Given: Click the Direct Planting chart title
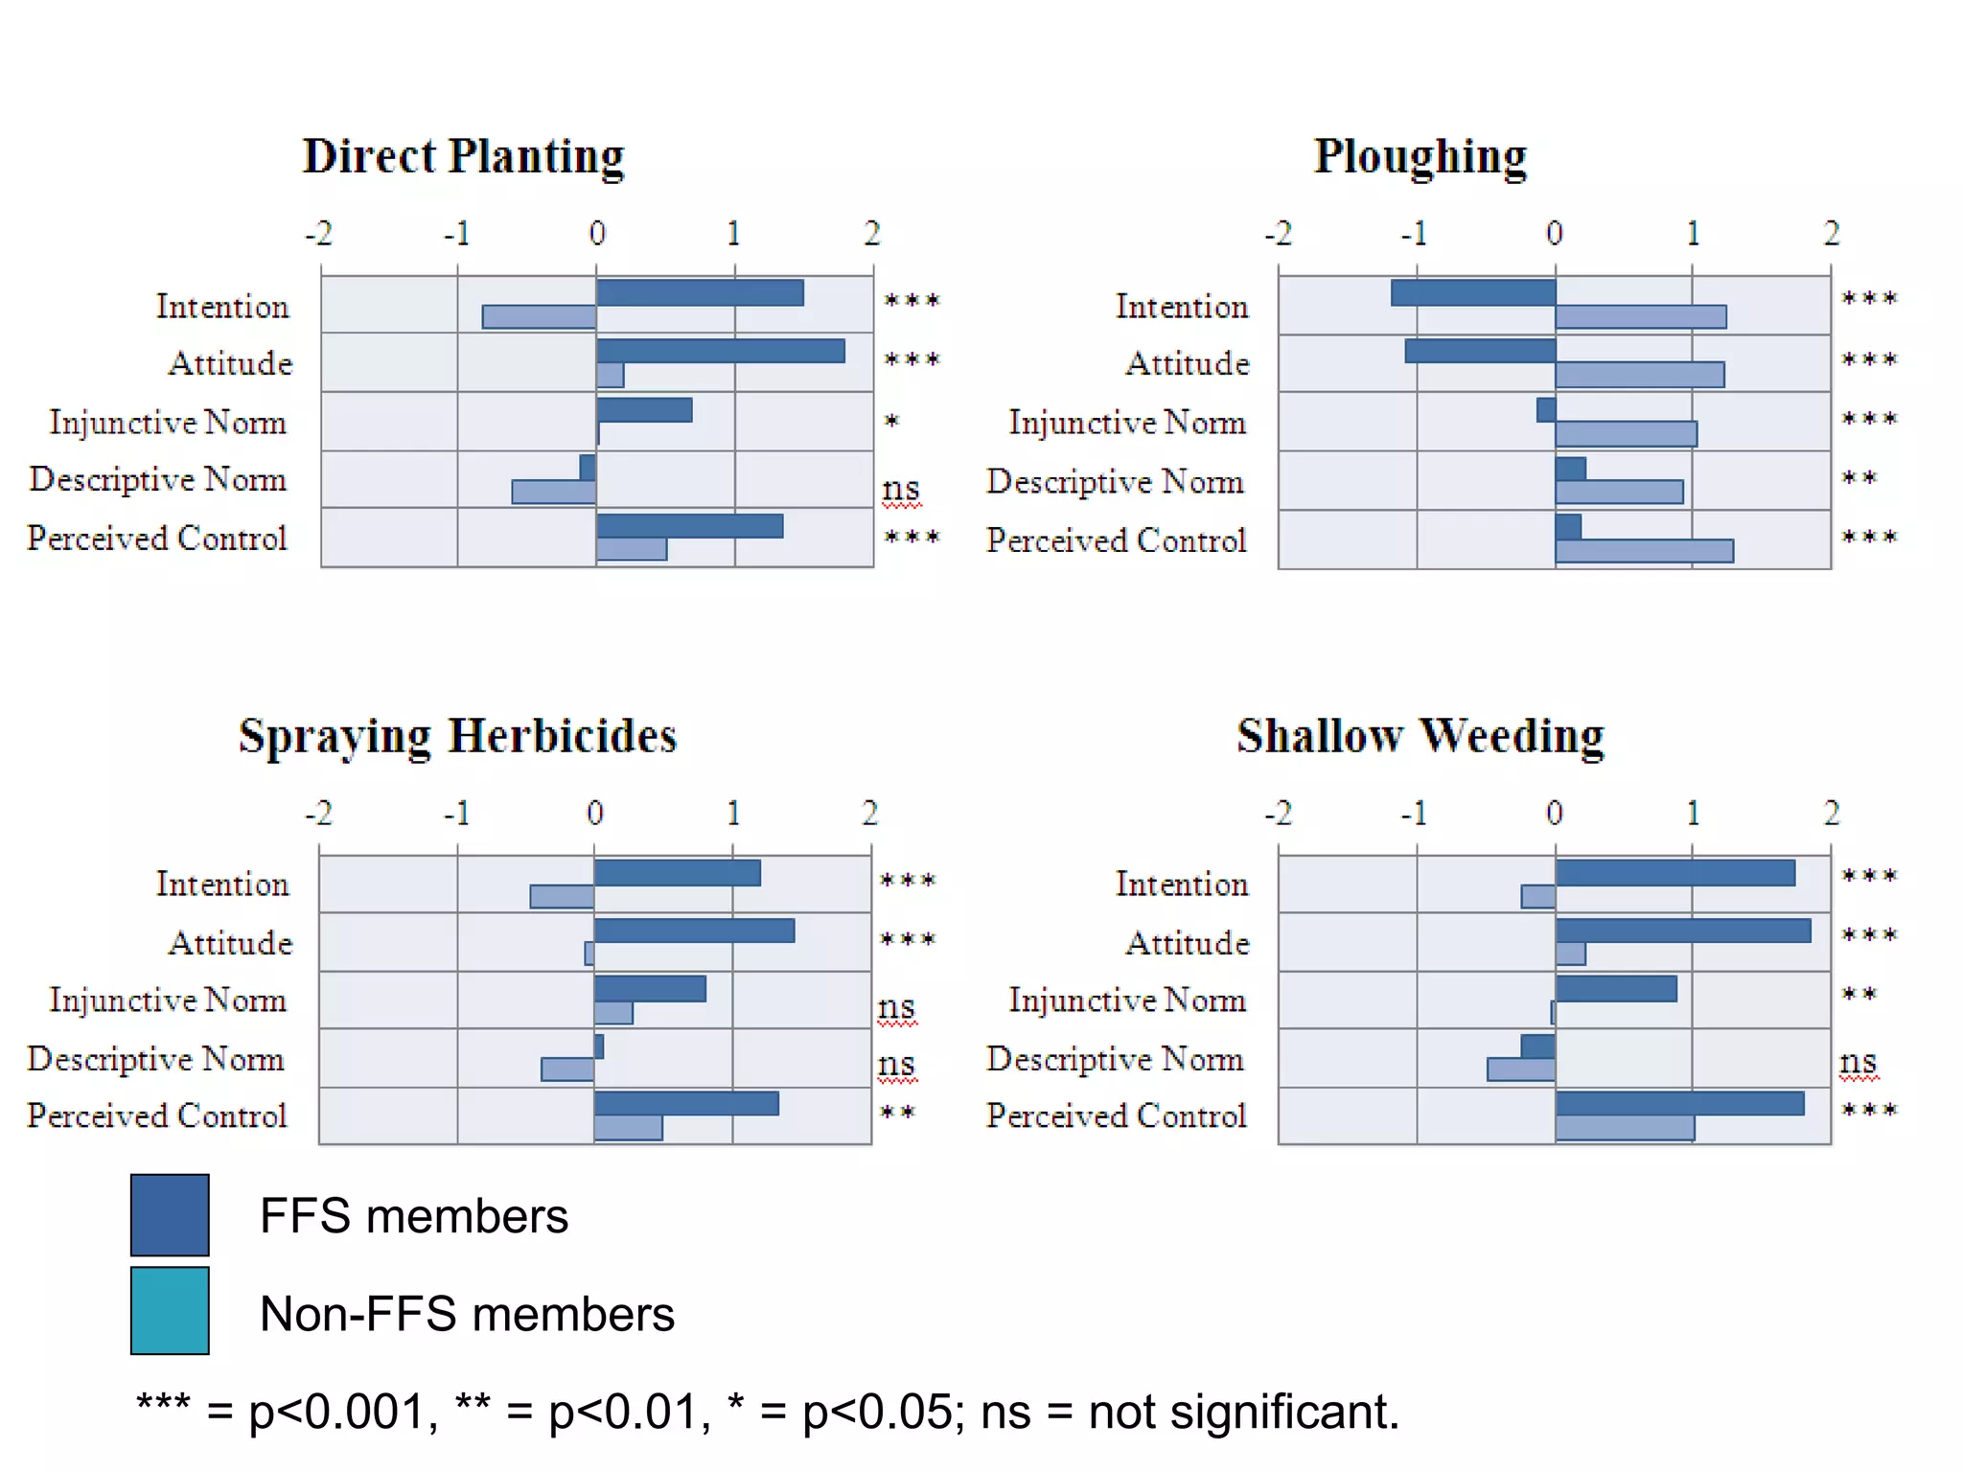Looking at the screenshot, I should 463,156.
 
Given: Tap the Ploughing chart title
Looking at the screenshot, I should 1420,156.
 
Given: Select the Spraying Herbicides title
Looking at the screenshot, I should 457,736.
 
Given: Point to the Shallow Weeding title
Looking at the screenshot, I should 1420,736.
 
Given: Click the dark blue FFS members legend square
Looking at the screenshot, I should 170,1214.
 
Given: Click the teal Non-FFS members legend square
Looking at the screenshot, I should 170,1310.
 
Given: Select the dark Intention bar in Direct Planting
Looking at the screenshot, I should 700,292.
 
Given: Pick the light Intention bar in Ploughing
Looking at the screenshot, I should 1640,316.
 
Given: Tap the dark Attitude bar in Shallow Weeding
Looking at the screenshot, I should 1682,931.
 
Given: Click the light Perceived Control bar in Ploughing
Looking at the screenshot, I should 1644,551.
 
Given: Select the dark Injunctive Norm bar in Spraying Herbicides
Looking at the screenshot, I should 650,988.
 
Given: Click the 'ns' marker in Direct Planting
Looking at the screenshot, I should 900,490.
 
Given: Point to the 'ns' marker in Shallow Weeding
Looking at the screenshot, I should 1858,1062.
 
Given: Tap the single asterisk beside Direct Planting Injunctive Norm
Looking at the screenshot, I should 891,421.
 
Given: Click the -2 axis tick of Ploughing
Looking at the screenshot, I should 1278,233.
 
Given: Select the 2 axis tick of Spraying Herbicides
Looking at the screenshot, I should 869,813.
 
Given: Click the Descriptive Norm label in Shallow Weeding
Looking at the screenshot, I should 1115,1059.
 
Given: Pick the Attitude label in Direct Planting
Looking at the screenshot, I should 230,363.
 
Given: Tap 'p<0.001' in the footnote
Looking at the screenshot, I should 335,1412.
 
